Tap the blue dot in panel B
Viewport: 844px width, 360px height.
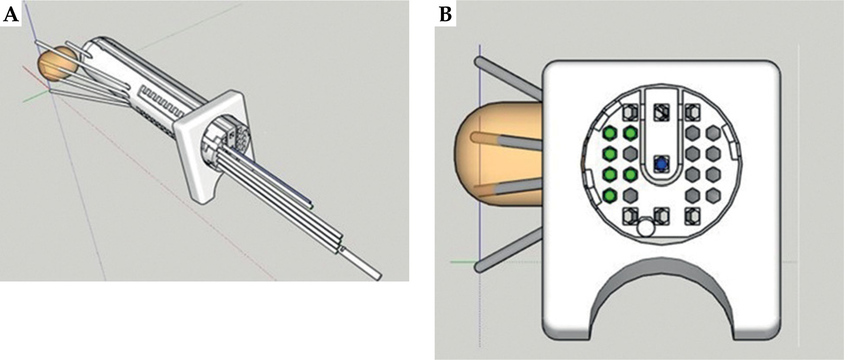[661, 165]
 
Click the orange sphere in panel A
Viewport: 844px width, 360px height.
[57, 64]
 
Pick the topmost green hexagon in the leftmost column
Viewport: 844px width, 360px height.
[610, 133]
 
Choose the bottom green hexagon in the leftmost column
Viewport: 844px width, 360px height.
[610, 195]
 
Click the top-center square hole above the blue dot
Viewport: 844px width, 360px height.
[661, 113]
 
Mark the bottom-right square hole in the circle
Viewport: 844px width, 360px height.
[692, 216]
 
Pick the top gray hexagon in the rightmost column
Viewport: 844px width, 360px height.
[713, 133]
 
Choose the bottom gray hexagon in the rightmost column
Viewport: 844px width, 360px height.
[713, 195]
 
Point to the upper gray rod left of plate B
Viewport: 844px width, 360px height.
[507, 78]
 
